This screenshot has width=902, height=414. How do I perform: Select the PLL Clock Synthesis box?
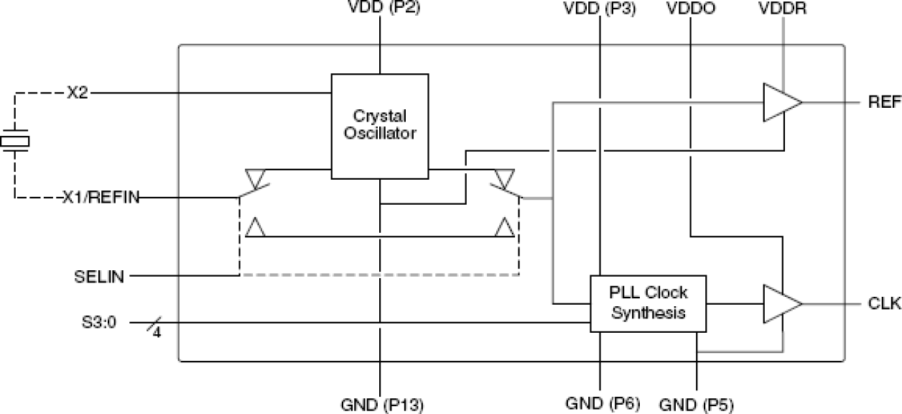[x=648, y=303]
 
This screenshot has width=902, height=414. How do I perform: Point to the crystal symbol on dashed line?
[x=14, y=141]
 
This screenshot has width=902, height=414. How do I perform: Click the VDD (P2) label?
[x=380, y=10]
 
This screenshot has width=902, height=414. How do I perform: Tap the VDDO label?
[x=690, y=10]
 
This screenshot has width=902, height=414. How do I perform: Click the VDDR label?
[x=783, y=10]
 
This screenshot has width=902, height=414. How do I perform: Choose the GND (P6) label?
[x=600, y=403]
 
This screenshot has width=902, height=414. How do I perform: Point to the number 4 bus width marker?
[x=157, y=333]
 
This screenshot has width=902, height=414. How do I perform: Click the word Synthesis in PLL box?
[x=648, y=313]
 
